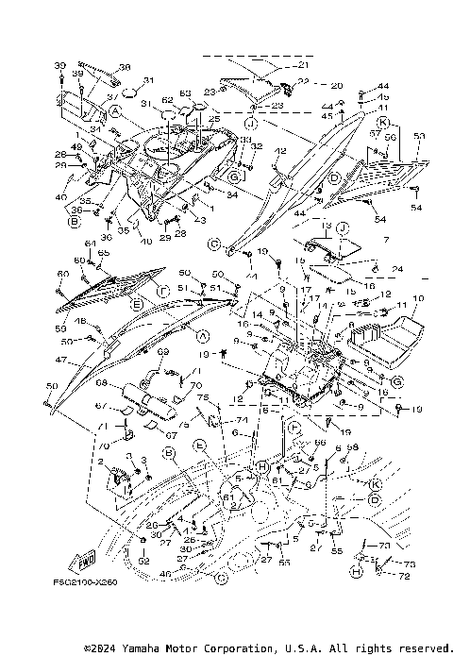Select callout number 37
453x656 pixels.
click(111, 95)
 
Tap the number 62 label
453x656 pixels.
click(167, 100)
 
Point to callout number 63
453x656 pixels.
click(185, 93)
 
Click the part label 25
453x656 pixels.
click(214, 118)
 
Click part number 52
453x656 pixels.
click(143, 562)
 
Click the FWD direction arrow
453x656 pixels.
click(86, 560)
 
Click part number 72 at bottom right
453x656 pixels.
click(407, 574)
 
